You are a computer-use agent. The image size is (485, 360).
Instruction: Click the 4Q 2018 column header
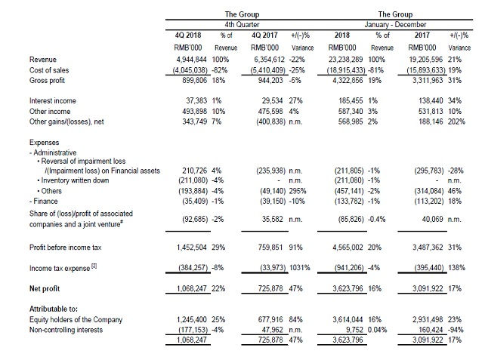point(188,35)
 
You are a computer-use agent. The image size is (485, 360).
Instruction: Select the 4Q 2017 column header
point(264,35)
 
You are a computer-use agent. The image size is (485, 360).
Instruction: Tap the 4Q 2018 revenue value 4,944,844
point(191,60)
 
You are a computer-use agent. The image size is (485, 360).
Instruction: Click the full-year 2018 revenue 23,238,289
point(345,60)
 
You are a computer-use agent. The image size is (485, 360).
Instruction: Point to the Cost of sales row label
point(49,70)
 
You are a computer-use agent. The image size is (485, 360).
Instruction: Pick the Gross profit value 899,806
point(194,80)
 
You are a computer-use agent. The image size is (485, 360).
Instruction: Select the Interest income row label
point(53,100)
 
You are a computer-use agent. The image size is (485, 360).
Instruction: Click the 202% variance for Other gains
point(456,122)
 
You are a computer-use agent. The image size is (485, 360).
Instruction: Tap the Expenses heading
point(44,143)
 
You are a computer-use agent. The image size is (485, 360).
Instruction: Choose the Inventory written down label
point(75,180)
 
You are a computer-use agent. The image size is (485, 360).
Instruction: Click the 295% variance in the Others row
point(298,191)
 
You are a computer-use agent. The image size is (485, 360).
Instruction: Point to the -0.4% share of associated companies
point(377,220)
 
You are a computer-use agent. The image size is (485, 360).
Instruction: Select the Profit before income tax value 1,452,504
point(191,248)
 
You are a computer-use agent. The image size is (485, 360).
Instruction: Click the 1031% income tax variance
point(300,268)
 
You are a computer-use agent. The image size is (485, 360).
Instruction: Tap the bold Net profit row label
point(45,288)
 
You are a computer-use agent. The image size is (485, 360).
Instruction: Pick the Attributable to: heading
point(54,309)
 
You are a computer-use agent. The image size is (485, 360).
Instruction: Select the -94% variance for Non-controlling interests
point(456,330)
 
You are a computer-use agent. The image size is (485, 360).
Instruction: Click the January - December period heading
point(395,25)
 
